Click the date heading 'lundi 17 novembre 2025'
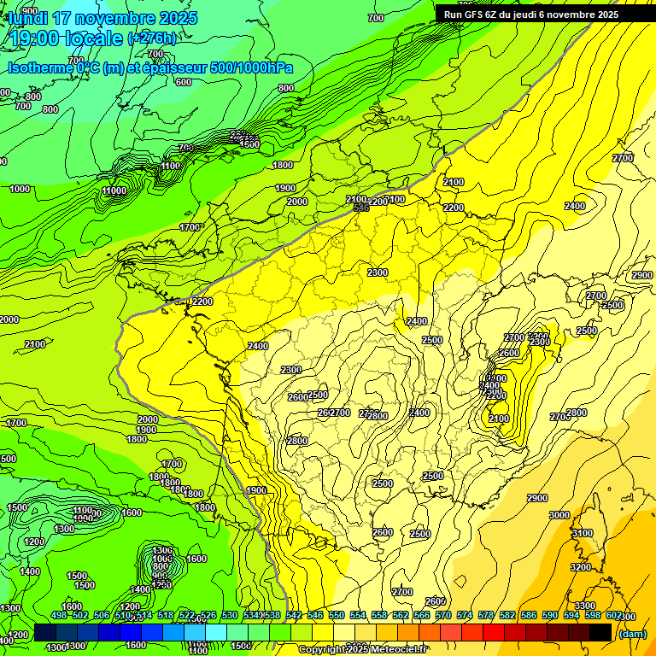coord(102,18)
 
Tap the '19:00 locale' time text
coord(64,38)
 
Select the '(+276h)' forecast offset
coord(153,38)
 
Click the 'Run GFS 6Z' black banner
coord(527,14)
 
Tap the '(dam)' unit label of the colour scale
coord(632,634)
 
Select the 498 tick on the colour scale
coord(58,615)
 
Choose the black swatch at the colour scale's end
coord(600,631)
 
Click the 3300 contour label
coord(585,606)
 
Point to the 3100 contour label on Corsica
coord(582,533)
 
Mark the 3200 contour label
coord(580,567)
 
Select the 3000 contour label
coord(559,515)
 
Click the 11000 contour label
coord(114,190)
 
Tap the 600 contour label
coord(183,82)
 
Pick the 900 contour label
coord(28,11)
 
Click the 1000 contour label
coord(20,189)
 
